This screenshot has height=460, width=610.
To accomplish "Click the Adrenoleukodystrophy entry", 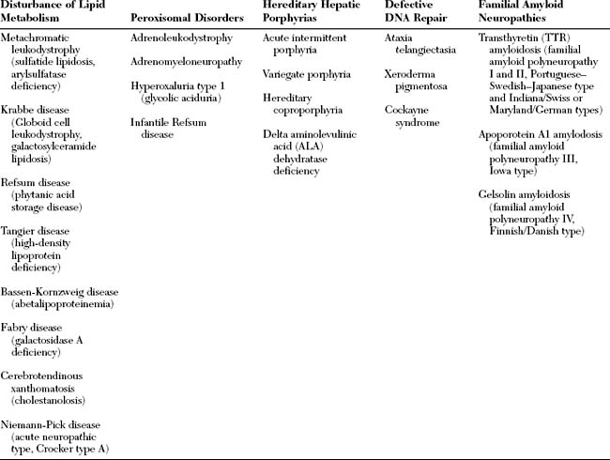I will click(x=180, y=41).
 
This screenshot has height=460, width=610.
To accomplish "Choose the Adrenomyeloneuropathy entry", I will click(x=185, y=62).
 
